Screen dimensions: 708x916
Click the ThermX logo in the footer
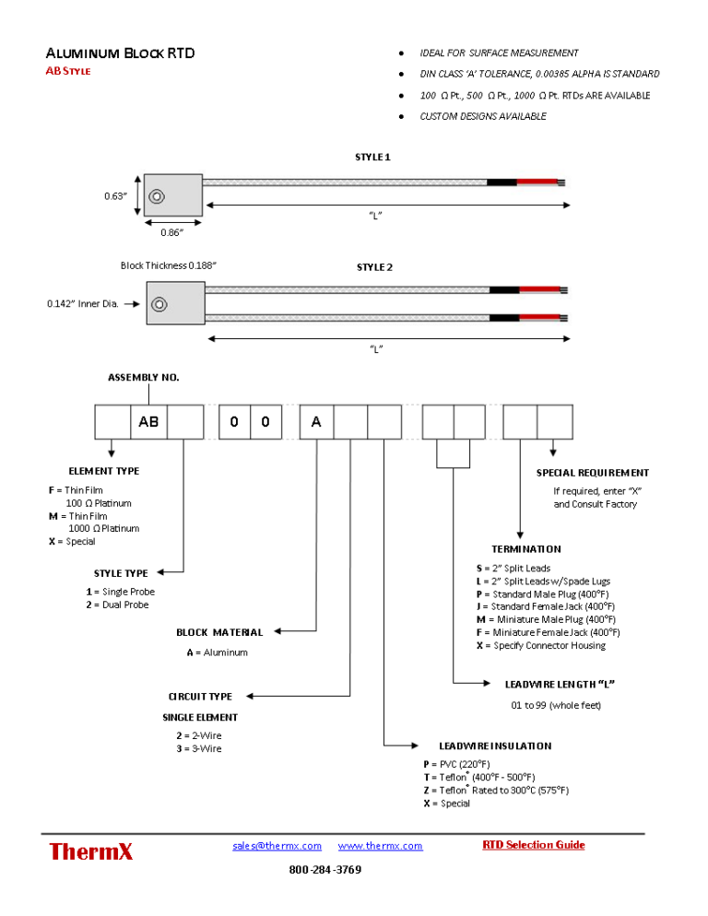click(90, 851)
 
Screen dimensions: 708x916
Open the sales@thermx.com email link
click(277, 845)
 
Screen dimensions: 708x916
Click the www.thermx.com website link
click(380, 845)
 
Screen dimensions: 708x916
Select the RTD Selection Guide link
click(533, 845)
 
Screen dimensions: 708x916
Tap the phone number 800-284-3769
click(325, 869)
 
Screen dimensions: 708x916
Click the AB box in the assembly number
click(148, 422)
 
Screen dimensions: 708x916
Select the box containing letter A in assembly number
click(316, 422)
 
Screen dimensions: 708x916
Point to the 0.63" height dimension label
click(115, 195)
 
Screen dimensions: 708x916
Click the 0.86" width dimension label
click(171, 232)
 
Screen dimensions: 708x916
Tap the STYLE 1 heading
click(372, 158)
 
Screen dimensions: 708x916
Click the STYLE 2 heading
click(375, 267)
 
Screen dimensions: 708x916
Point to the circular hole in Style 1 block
click(157, 197)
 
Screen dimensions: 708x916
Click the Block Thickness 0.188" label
click(169, 265)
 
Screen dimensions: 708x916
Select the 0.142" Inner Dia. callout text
click(82, 304)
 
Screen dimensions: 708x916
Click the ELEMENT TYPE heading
click(104, 471)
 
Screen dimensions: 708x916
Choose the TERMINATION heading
click(526, 549)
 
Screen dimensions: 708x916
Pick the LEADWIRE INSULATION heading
click(495, 746)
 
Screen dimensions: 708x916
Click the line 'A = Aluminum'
click(218, 652)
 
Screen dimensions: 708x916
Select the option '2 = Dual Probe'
click(117, 605)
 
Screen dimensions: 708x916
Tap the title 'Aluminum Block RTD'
click(121, 53)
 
